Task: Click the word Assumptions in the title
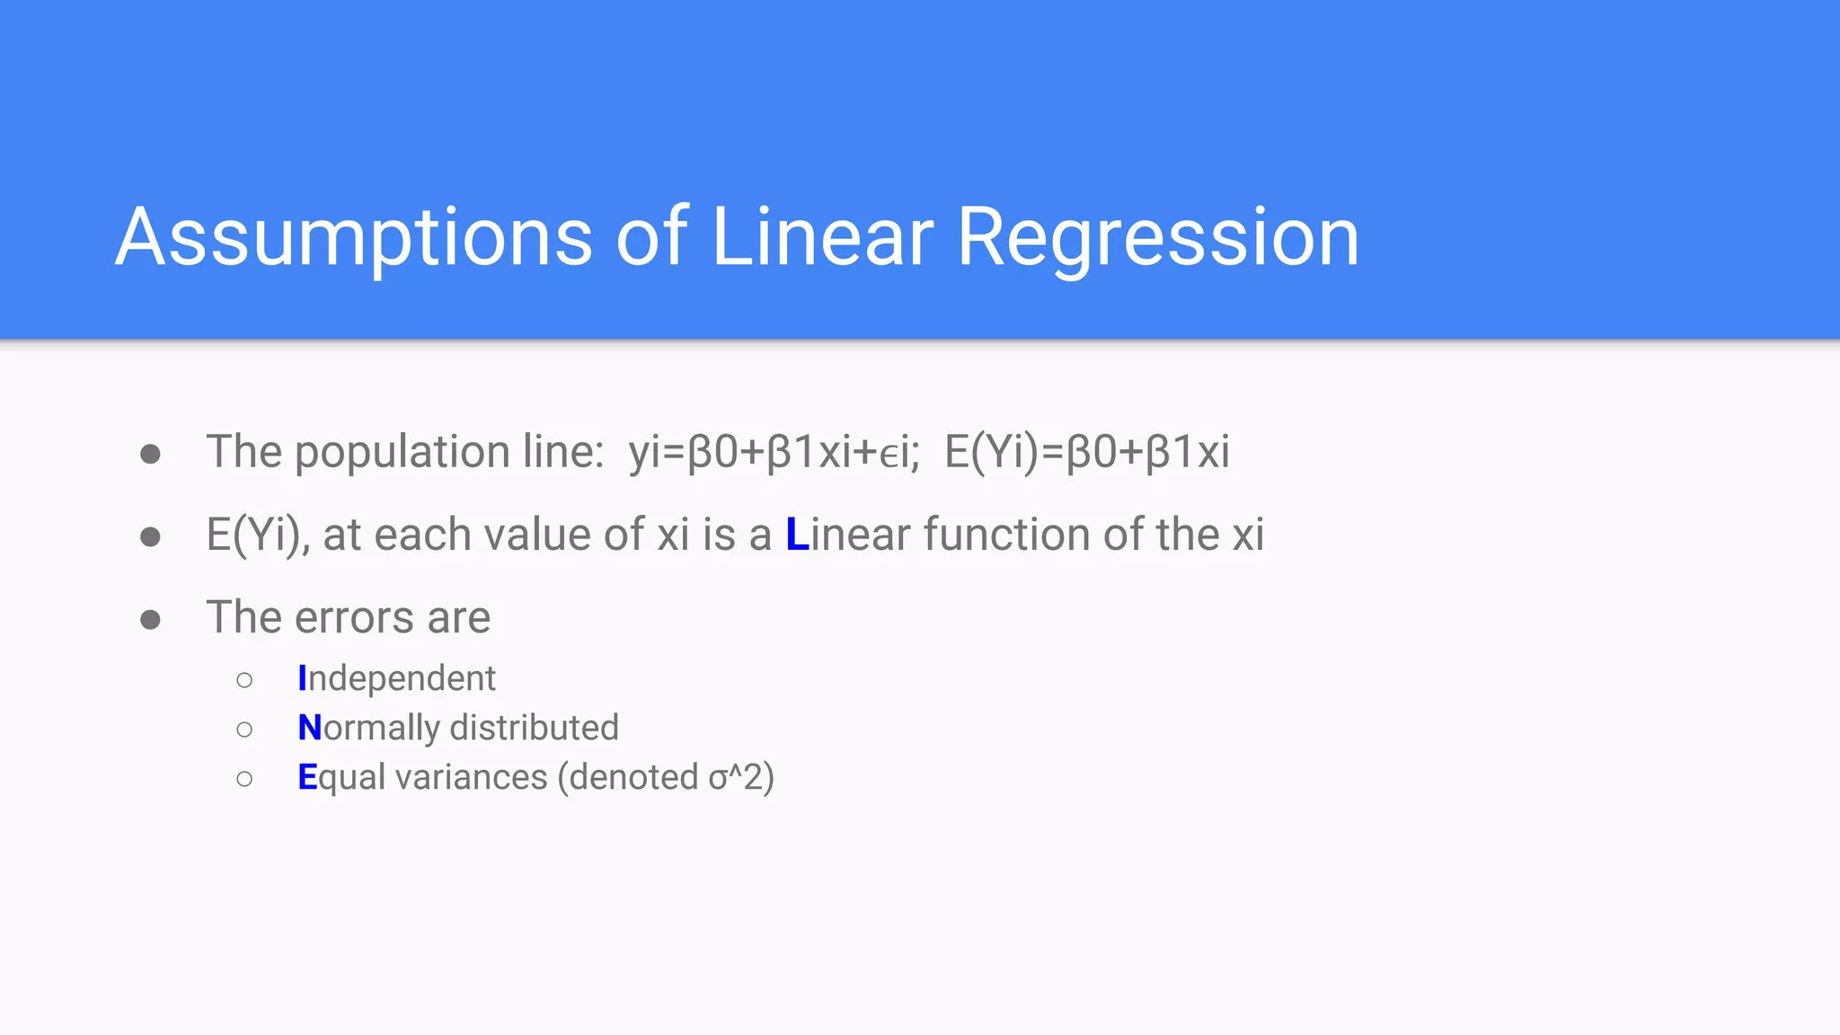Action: tap(354, 237)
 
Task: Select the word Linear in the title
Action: tap(822, 237)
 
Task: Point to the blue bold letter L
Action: tap(797, 535)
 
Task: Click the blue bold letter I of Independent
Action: tap(302, 679)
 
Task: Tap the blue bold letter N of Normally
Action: tap(309, 728)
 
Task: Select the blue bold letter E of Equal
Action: tap(307, 777)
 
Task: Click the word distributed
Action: tap(534, 728)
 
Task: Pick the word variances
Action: tap(471, 777)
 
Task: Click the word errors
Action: tap(354, 618)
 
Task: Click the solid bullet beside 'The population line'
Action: tap(150, 454)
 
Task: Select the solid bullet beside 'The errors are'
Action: tap(150, 620)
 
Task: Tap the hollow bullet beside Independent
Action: tap(244, 680)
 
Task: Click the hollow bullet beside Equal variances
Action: tap(244, 779)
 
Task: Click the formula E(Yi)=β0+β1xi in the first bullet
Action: tap(1086, 452)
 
